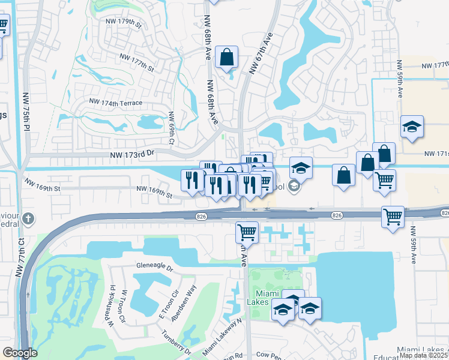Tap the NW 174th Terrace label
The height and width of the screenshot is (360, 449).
coord(116,103)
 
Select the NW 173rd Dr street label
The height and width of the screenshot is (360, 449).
coord(133,154)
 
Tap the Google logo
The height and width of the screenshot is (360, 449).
coord(20,353)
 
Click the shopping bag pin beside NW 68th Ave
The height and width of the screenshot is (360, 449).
coord(228,58)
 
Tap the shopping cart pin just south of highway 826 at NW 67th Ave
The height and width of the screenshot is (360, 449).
coord(247,232)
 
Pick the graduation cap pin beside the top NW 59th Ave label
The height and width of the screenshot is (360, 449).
coord(412,127)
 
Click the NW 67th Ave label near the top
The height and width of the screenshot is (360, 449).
coord(261,53)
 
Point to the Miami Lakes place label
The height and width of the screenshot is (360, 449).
coord(266,298)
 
